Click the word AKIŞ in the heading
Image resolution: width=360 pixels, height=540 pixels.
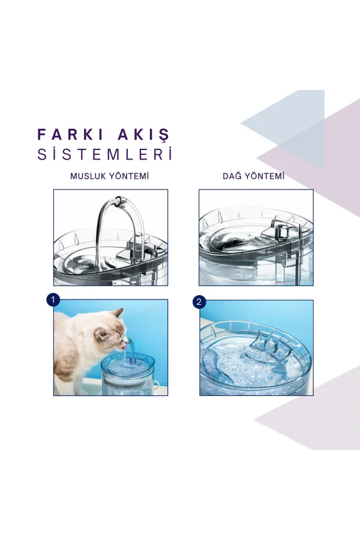click(x=143, y=133)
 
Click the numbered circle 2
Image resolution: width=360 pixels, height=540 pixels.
click(x=200, y=301)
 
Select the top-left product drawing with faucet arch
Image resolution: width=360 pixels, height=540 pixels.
click(x=110, y=237)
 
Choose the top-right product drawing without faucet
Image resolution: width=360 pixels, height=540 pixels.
click(x=256, y=237)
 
